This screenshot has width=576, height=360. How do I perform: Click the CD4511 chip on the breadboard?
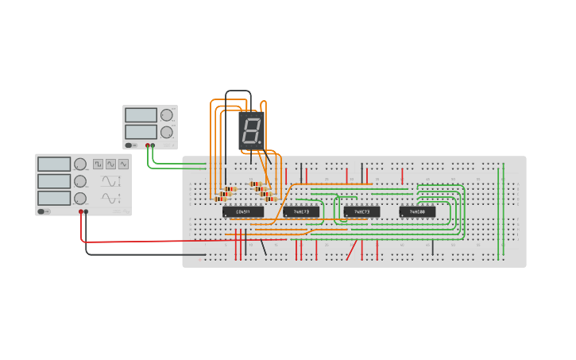point(243,212)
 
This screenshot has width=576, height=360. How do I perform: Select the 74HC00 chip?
point(417,212)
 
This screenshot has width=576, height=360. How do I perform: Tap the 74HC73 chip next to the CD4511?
point(301,212)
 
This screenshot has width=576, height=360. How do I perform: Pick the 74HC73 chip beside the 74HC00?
point(361,212)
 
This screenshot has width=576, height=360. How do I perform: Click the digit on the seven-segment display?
point(249,130)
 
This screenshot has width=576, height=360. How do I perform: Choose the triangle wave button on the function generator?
point(111,164)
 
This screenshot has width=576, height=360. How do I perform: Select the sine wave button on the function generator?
point(124,164)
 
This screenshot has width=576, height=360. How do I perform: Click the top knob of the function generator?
point(80,164)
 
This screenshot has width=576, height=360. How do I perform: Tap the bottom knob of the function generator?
point(80,198)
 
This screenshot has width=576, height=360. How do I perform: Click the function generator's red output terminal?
point(81,211)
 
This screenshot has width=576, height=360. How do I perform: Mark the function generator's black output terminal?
point(87,211)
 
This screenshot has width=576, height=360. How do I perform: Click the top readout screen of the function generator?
point(54,164)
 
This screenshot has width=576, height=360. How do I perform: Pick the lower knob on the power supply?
point(166,132)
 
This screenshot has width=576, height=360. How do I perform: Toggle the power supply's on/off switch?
point(130,145)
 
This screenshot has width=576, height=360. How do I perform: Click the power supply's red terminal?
point(153,145)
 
